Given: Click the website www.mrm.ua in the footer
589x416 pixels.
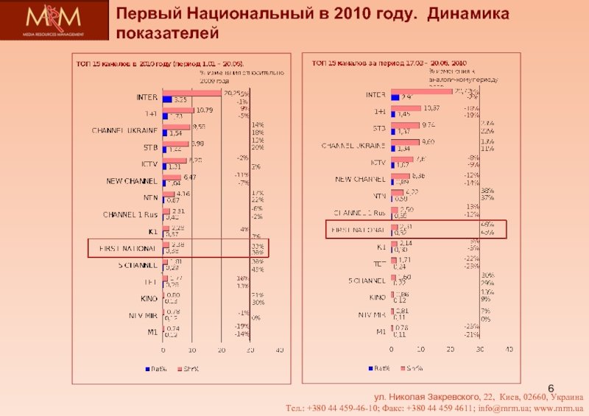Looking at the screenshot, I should coord(557,407).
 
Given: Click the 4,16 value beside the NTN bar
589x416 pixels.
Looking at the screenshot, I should coord(182,194).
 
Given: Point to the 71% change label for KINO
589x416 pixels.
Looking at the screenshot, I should coord(257,295).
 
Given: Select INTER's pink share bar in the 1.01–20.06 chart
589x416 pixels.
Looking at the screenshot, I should coord(191,94).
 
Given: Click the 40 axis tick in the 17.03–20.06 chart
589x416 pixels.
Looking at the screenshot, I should coord(509,349).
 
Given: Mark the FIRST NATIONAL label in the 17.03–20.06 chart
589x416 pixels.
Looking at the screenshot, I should coord(356,230).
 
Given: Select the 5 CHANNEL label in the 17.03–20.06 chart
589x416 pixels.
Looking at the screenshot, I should coord(366,281).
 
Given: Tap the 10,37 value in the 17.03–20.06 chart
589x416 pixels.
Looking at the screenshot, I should coord(432,108).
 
